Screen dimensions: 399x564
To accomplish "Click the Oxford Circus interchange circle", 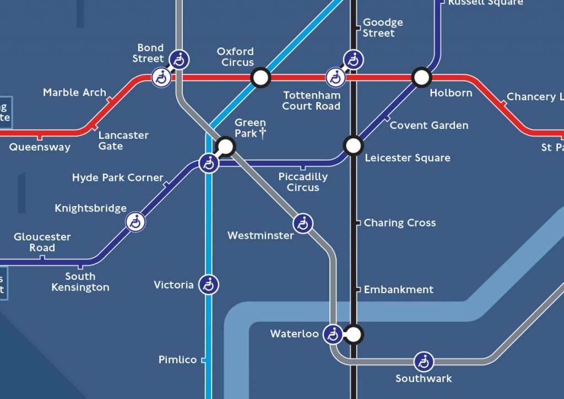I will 261,78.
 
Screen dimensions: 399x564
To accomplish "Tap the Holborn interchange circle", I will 421,78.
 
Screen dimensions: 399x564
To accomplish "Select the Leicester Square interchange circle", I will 353,145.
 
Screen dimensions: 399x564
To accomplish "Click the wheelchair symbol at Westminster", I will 303,223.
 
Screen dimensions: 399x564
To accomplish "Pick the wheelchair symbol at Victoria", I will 209,285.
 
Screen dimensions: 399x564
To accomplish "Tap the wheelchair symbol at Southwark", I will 424,362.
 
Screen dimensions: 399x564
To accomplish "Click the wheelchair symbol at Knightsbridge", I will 135,222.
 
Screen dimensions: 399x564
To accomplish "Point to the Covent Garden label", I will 429,126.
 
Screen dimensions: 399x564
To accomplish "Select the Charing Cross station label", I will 399,223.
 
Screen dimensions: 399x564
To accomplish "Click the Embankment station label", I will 398,290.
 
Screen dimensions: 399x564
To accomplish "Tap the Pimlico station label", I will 177,360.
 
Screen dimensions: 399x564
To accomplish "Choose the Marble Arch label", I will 74,93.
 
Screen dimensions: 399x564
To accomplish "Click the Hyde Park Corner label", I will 117,178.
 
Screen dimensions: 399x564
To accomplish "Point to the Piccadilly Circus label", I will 303,182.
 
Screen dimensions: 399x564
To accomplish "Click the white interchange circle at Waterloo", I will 354,334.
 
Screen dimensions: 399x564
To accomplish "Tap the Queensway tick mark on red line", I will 39,136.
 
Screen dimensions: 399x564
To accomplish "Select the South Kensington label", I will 80,282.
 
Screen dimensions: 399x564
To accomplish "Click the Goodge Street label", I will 382,28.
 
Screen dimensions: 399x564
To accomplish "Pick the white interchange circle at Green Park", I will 225,146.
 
